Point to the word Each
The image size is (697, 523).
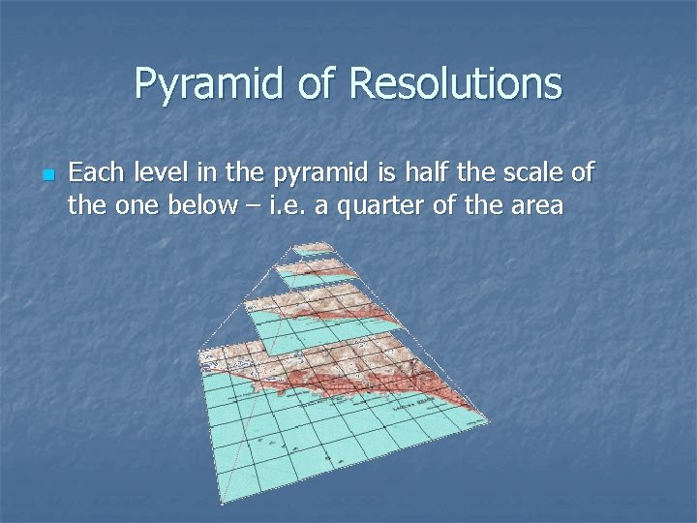point(94,173)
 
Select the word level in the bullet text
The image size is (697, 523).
point(157,173)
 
